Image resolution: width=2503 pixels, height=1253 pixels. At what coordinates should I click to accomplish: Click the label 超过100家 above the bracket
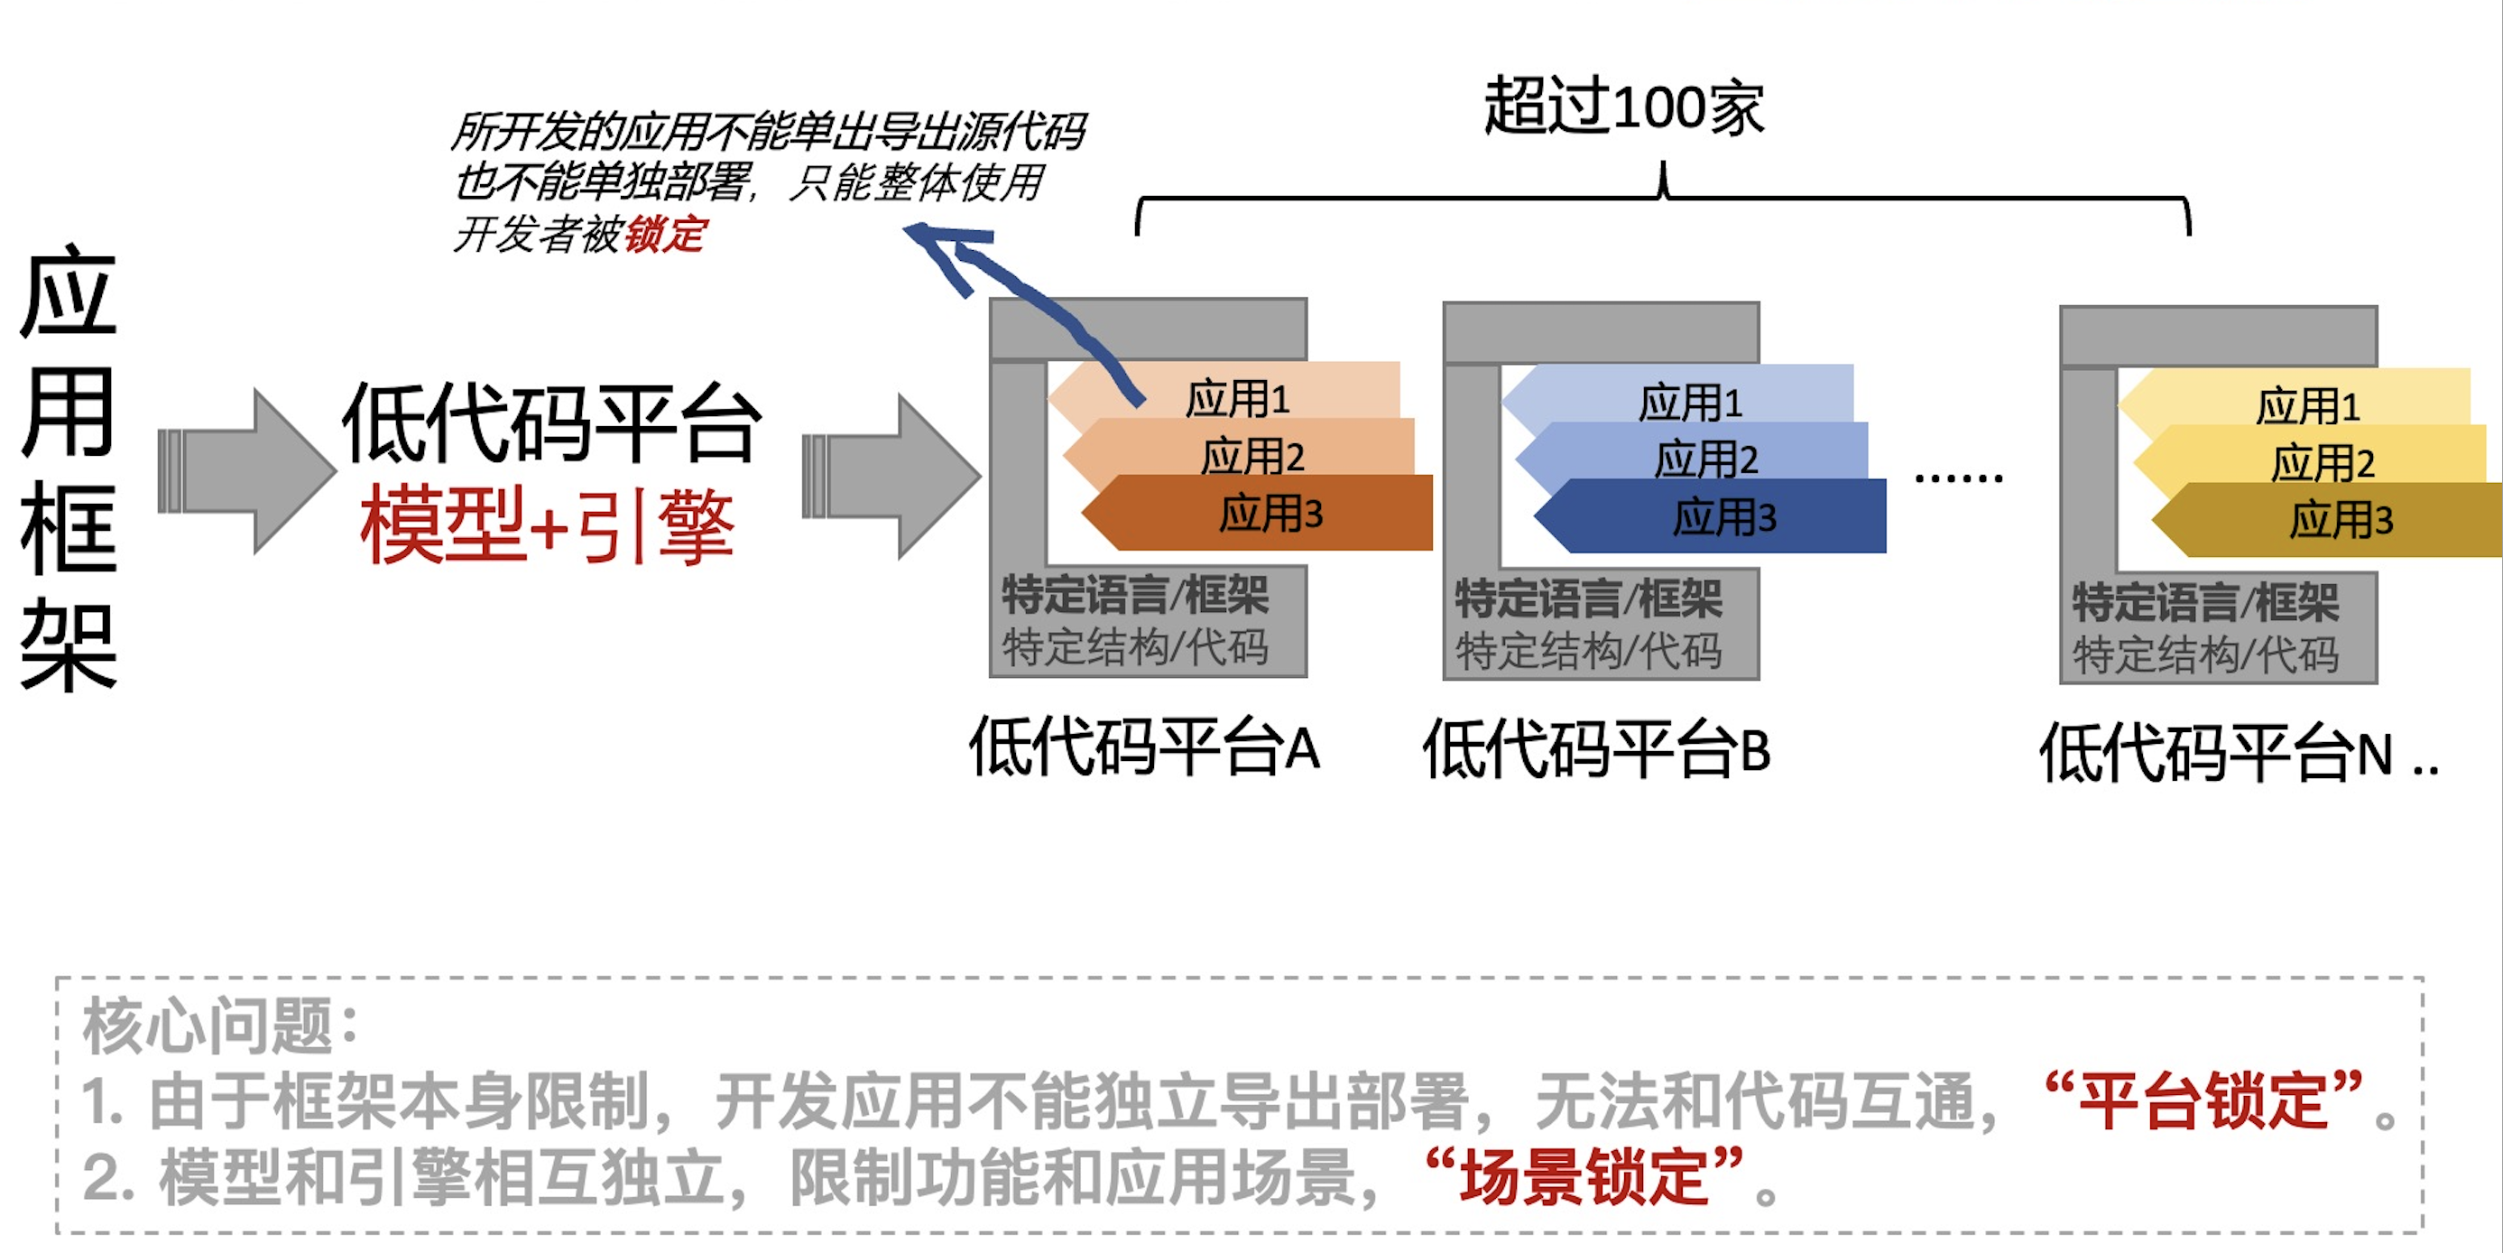pyautogui.click(x=1622, y=107)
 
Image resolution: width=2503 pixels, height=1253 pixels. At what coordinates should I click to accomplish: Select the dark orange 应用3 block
pyautogui.click(x=1263, y=514)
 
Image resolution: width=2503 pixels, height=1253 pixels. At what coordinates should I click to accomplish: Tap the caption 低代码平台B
pyautogui.click(x=1596, y=750)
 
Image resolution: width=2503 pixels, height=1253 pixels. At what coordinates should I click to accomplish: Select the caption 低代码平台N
pyautogui.click(x=2215, y=754)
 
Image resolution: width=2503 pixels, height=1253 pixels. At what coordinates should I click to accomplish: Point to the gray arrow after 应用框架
pyautogui.click(x=248, y=471)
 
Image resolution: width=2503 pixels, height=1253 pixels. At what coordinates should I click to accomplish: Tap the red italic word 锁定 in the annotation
pyautogui.click(x=666, y=235)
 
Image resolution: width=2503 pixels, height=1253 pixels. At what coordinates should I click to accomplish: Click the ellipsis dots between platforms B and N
pyautogui.click(x=1958, y=478)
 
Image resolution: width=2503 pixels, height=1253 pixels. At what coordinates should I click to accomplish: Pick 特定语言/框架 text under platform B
pyautogui.click(x=1588, y=599)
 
